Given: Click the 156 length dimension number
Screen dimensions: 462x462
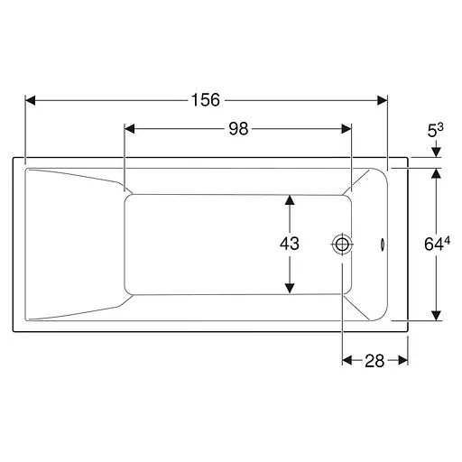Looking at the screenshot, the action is (x=206, y=100).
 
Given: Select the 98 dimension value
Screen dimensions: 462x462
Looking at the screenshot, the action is (x=238, y=129).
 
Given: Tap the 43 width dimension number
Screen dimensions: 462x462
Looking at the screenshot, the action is (x=290, y=244).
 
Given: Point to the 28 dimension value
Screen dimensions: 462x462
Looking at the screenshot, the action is (x=374, y=361).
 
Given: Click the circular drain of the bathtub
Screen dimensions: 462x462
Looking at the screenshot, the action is (x=342, y=245).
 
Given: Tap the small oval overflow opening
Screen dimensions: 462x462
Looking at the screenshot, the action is (x=383, y=245).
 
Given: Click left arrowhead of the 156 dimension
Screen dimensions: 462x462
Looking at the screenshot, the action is (x=31, y=100).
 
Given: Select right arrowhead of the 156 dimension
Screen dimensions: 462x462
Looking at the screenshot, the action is (x=383, y=100).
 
